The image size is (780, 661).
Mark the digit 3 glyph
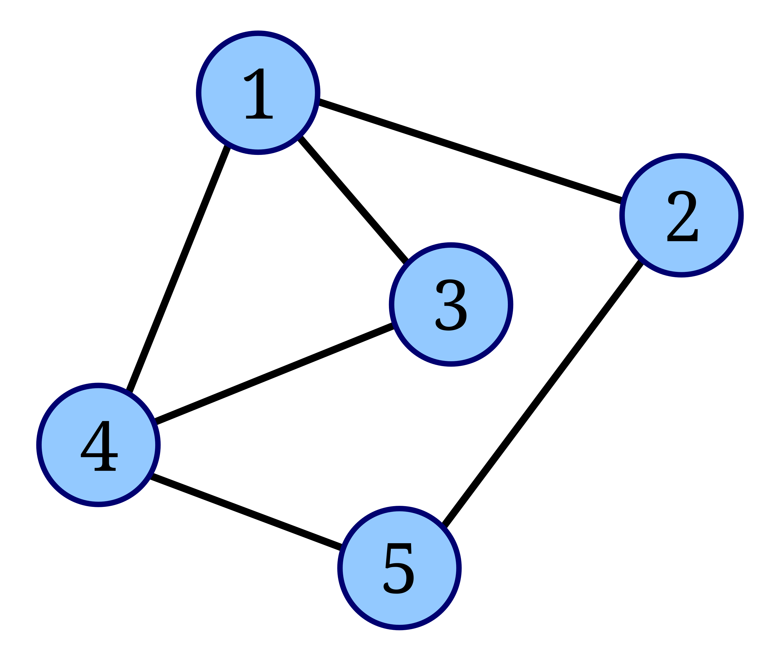(x=451, y=305)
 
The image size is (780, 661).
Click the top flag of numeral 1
(x=251, y=75)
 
